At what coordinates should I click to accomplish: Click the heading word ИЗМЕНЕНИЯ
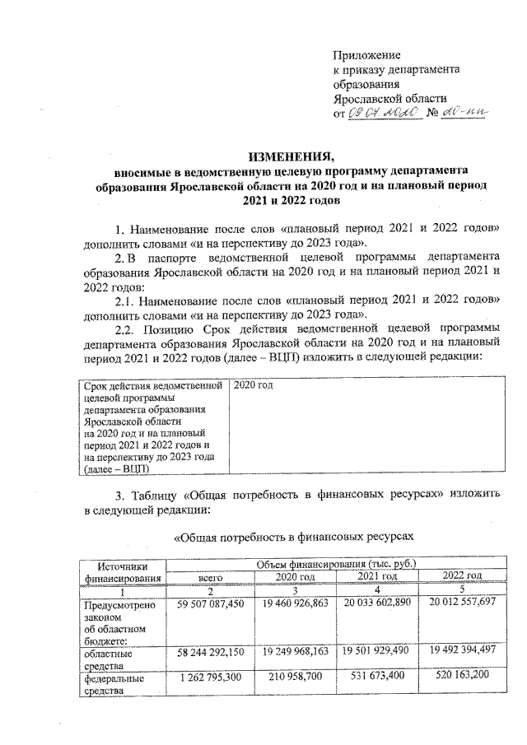click(x=291, y=156)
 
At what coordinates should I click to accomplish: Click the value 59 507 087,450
click(x=211, y=604)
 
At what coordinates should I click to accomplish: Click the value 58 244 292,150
click(x=211, y=652)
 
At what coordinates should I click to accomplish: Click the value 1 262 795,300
click(x=211, y=680)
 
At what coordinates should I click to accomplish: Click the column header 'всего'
click(x=211, y=578)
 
